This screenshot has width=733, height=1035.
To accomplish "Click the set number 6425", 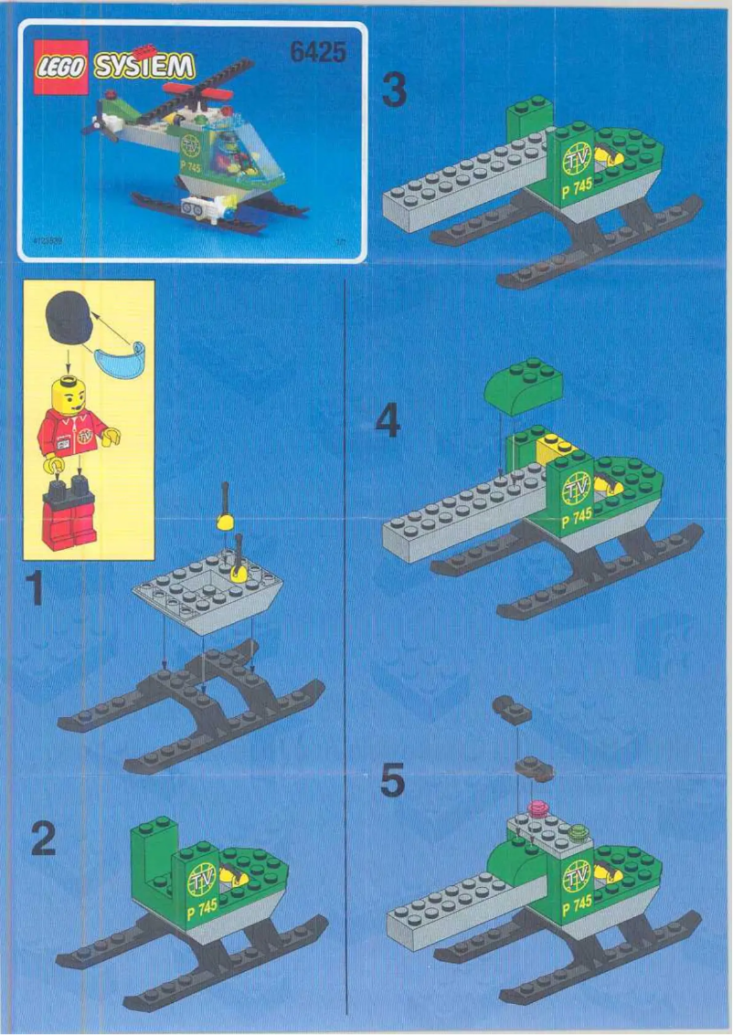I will pos(318,53).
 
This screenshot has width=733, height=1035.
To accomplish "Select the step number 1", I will pos(34,588).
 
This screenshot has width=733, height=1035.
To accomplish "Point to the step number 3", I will pos(393,90).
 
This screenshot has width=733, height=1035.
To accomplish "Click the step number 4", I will pos(388,421).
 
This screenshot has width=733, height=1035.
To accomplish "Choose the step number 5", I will pos(391,783).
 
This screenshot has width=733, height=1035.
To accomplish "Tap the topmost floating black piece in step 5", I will pos(511,709).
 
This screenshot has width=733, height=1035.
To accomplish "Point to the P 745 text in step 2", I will pos(201,908).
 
